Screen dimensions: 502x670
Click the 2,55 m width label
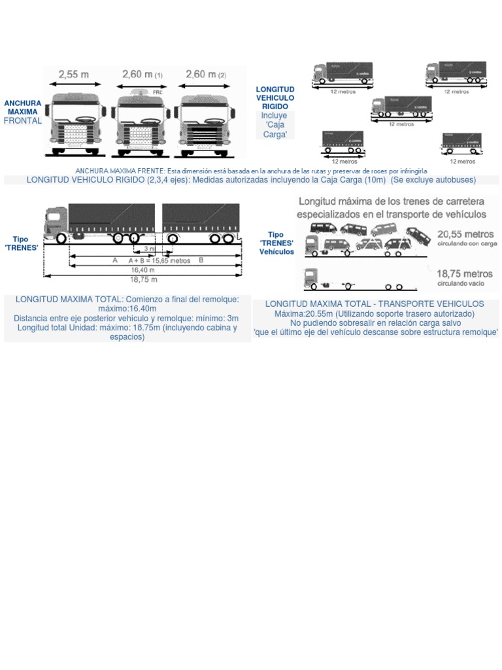pos(73,75)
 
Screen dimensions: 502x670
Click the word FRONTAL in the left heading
pos(22,121)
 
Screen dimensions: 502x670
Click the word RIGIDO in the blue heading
pos(275,106)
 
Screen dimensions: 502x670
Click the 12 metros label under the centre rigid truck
pos(401,123)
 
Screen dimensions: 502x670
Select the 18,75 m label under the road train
pos(142,279)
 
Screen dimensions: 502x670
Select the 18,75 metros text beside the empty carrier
pos(465,274)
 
